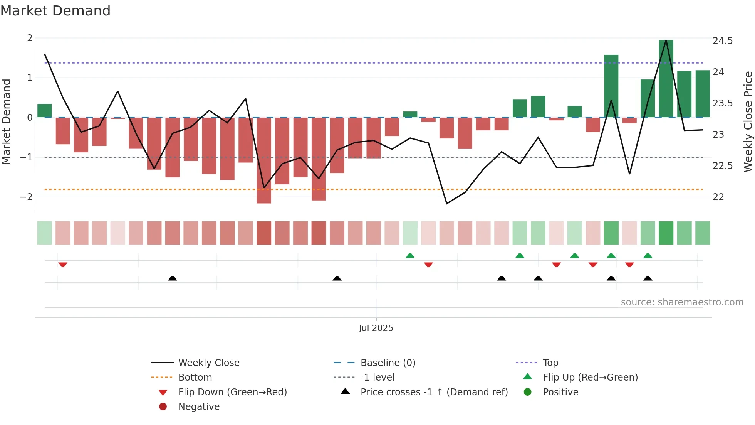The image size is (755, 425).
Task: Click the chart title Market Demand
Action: (55, 11)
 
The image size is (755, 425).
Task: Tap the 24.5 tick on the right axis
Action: (722, 41)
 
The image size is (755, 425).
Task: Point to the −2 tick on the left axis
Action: (26, 197)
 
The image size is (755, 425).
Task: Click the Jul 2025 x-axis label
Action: (376, 328)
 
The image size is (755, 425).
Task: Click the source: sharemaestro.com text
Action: (682, 302)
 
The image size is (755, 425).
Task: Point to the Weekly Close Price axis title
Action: (748, 121)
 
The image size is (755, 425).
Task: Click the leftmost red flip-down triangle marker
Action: (63, 265)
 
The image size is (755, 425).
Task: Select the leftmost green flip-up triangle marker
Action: (410, 256)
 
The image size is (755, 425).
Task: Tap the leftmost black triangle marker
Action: (173, 278)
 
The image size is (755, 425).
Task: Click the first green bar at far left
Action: (45, 111)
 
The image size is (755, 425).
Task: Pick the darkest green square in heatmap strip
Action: (666, 233)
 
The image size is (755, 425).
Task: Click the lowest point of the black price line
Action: (446, 204)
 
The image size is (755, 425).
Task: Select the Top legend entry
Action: (550, 363)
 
